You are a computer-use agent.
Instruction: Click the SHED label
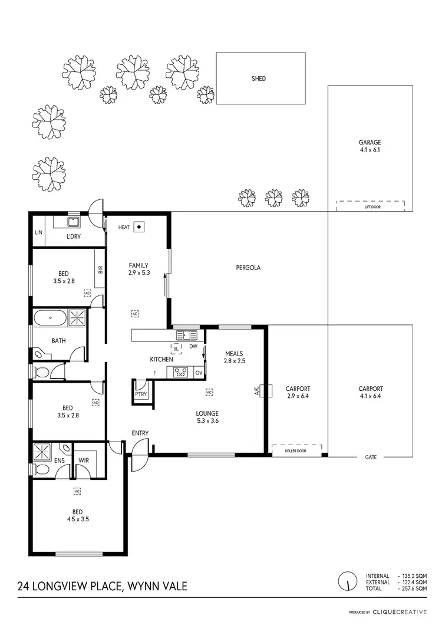pyautogui.click(x=258, y=78)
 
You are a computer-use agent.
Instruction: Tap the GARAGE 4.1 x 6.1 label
pyautogui.click(x=370, y=146)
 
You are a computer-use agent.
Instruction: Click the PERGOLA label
pyautogui.click(x=248, y=268)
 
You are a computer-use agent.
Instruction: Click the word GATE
pyautogui.click(x=370, y=457)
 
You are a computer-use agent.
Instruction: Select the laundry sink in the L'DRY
pyautogui.click(x=73, y=222)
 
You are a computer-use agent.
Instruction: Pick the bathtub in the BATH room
pyautogui.click(x=50, y=319)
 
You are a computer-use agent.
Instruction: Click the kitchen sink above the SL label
pyautogui.click(x=187, y=335)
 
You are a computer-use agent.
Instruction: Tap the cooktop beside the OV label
pyautogui.click(x=182, y=373)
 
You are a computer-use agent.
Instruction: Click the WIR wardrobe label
pyautogui.click(x=83, y=462)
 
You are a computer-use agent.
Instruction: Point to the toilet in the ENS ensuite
pyautogui.click(x=41, y=469)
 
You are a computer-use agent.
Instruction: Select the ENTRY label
pyautogui.click(x=140, y=433)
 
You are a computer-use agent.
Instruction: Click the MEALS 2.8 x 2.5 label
pyautogui.click(x=234, y=357)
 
